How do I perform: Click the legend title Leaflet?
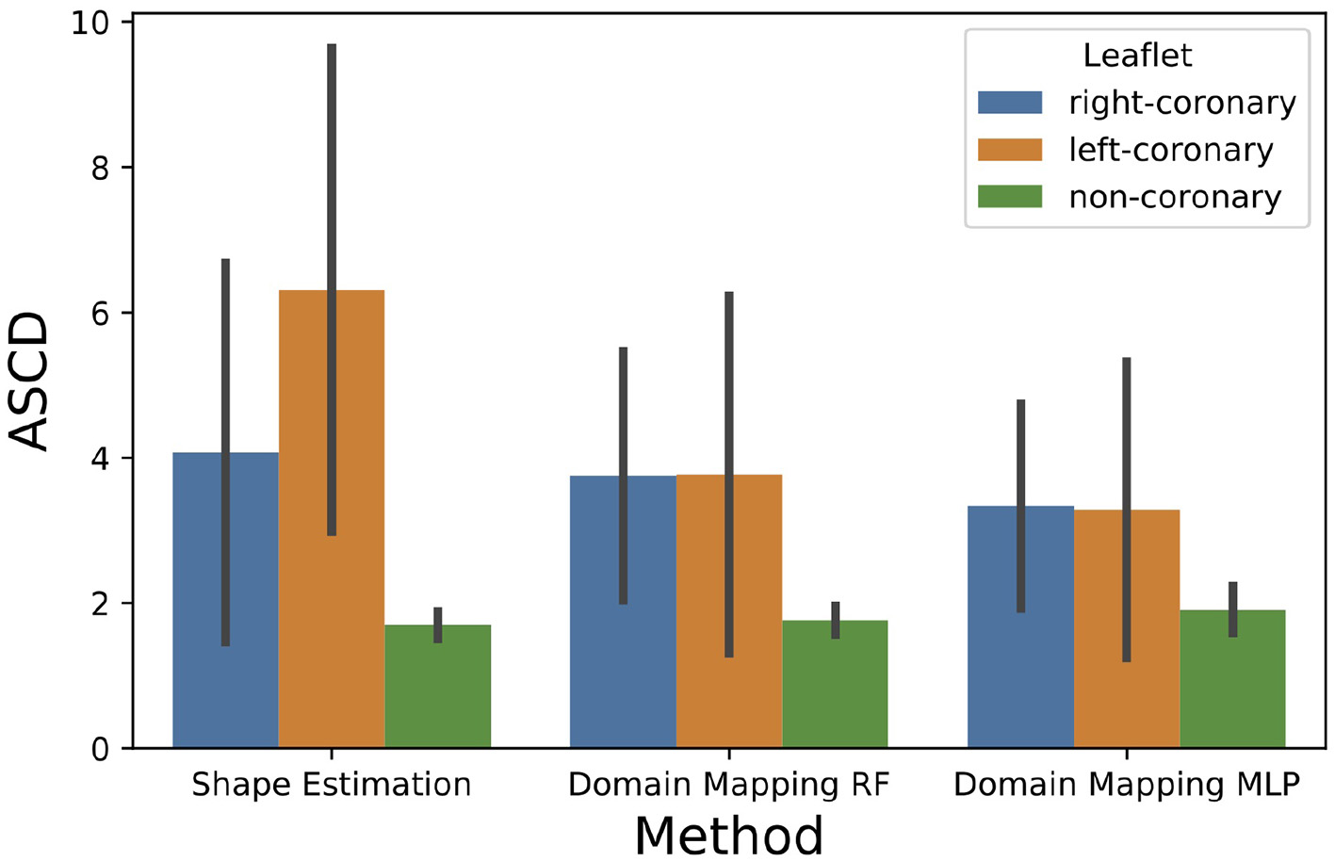1137,56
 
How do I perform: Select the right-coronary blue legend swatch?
1010,103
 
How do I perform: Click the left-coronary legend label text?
1170,150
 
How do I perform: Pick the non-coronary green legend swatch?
1010,197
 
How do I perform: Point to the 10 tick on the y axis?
90,23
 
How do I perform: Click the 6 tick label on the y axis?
99,313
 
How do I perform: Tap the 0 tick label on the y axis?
99,749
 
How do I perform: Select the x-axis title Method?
728,835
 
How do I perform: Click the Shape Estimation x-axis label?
331,785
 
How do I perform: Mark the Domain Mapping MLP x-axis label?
1127,785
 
